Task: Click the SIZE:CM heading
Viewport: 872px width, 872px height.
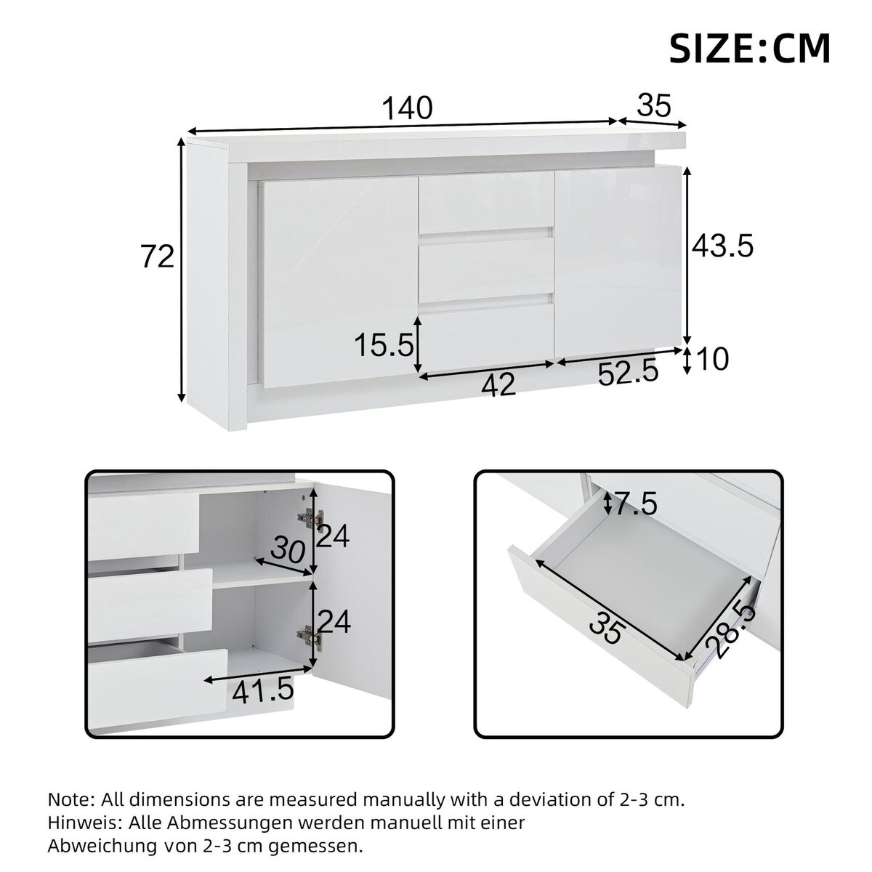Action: (749, 48)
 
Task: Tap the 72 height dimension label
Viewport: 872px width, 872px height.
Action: (158, 257)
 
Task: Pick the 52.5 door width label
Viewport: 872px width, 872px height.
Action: (628, 374)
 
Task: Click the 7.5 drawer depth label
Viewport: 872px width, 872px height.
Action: (636, 503)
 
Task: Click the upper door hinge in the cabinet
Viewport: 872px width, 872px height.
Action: (309, 518)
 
